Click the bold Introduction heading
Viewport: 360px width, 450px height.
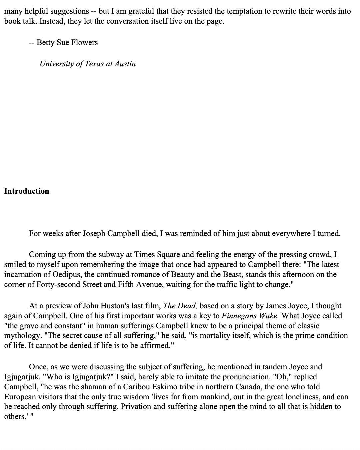pos(27,191)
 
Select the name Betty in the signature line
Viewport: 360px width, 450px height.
pos(45,42)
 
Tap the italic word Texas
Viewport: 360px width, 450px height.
pos(94,64)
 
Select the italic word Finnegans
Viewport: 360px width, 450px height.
pos(239,316)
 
